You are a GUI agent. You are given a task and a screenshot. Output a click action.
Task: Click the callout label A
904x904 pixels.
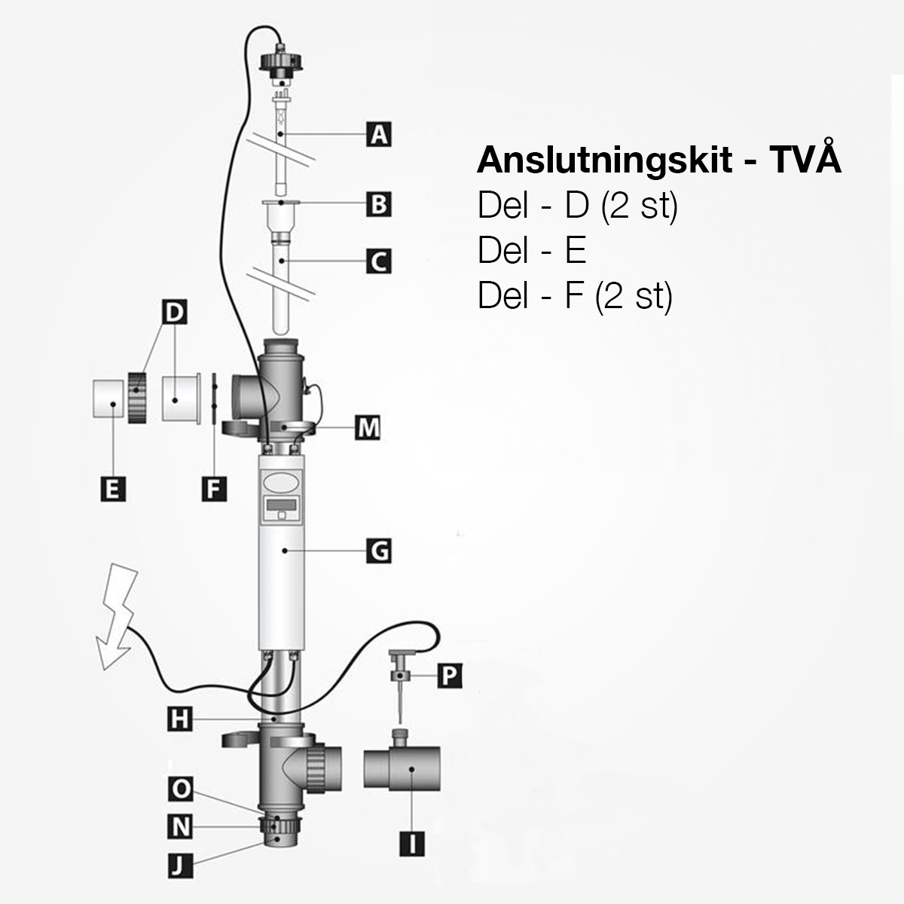379,135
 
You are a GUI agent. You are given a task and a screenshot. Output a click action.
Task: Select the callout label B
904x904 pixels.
379,203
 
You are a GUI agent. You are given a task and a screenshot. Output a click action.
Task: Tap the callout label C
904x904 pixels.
379,261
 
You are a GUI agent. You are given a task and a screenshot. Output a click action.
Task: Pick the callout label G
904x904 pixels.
379,551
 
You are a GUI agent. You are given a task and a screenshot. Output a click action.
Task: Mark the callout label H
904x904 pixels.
179,720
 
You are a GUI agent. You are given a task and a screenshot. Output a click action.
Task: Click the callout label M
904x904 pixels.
368,427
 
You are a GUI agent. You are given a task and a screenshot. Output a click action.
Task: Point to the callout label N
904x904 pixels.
179,827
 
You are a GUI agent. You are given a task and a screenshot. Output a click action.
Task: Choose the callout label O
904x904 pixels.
179,789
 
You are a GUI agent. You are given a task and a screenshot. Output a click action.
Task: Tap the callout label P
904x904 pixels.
449,676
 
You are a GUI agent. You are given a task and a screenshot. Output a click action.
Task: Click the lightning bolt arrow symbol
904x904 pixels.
118,617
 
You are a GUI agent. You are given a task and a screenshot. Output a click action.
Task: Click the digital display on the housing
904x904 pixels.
282,505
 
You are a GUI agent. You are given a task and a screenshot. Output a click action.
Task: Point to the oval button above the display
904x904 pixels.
282,479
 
